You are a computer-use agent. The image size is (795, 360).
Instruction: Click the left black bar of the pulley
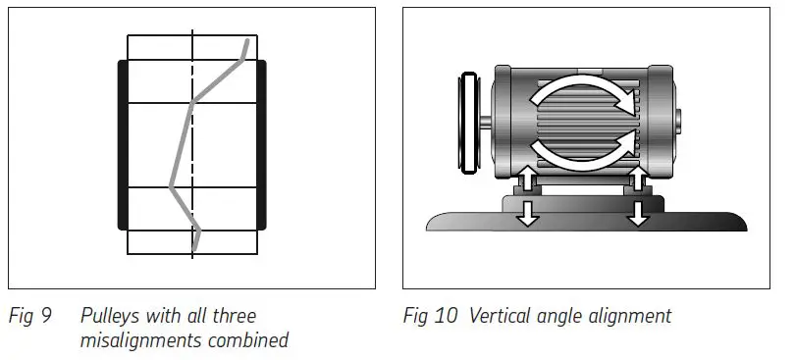tap(123, 145)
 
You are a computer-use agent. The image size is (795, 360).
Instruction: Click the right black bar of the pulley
tap(262, 145)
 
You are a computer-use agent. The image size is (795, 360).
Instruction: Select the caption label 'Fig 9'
tap(26, 317)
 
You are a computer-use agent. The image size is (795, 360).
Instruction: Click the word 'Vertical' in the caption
tap(499, 317)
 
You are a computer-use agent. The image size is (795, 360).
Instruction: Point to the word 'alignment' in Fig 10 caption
tap(628, 317)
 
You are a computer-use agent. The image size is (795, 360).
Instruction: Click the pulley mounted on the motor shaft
tap(470, 124)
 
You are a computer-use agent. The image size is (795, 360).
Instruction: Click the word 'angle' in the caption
tap(560, 317)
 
